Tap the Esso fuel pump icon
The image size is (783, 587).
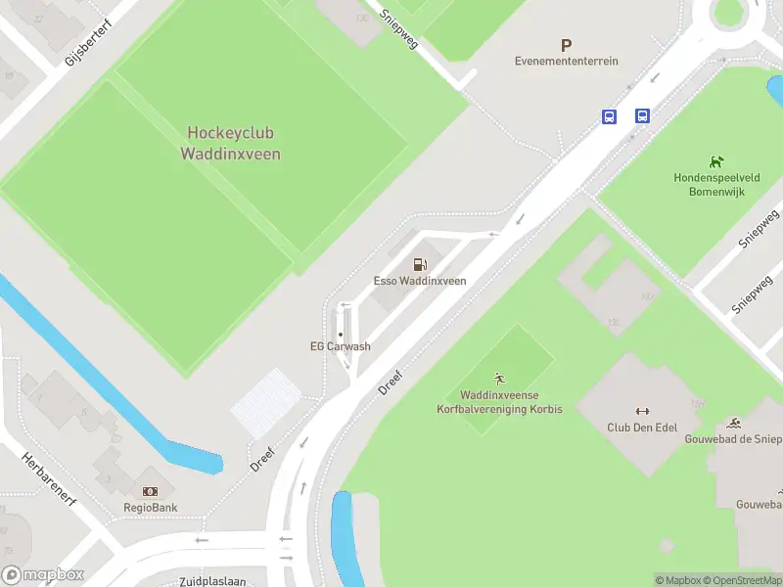point(420,264)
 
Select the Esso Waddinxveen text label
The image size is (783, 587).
point(420,281)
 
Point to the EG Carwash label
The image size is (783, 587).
point(341,346)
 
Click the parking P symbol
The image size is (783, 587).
point(566,45)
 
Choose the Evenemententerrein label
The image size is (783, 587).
point(567,61)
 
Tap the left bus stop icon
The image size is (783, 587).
point(609,116)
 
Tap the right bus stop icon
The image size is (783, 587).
point(642,116)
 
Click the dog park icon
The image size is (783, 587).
point(716,161)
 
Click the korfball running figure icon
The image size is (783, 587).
point(499,378)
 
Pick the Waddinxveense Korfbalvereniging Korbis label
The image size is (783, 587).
point(499,402)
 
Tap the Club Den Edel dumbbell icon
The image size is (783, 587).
point(642,411)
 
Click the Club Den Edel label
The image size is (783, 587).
point(642,428)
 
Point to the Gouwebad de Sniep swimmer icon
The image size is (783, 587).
point(735,423)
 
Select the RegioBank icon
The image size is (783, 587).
point(150,491)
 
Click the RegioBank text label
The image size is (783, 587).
point(150,508)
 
